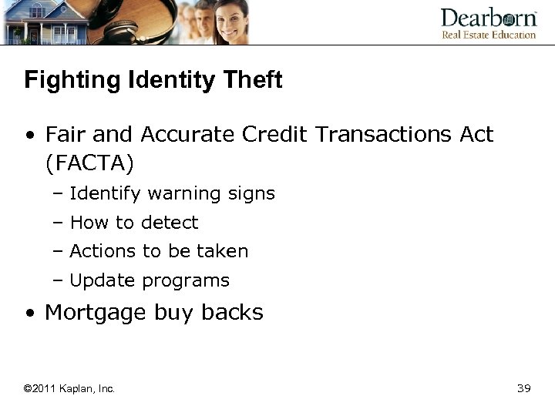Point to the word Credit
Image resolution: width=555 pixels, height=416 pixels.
tap(281, 135)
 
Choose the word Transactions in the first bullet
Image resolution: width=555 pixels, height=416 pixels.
tap(390, 135)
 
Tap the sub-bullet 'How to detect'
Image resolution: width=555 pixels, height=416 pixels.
tap(133, 223)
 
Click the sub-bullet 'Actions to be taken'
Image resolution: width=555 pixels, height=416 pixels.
tap(159, 251)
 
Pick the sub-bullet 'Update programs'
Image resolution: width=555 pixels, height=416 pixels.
tap(150, 280)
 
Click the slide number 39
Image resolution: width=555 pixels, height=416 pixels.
tap(524, 388)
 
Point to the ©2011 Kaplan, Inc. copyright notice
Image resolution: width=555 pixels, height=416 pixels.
tap(69, 389)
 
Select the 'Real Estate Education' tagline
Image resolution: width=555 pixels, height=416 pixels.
tap(488, 35)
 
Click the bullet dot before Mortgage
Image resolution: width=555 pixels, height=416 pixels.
tap(29, 314)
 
